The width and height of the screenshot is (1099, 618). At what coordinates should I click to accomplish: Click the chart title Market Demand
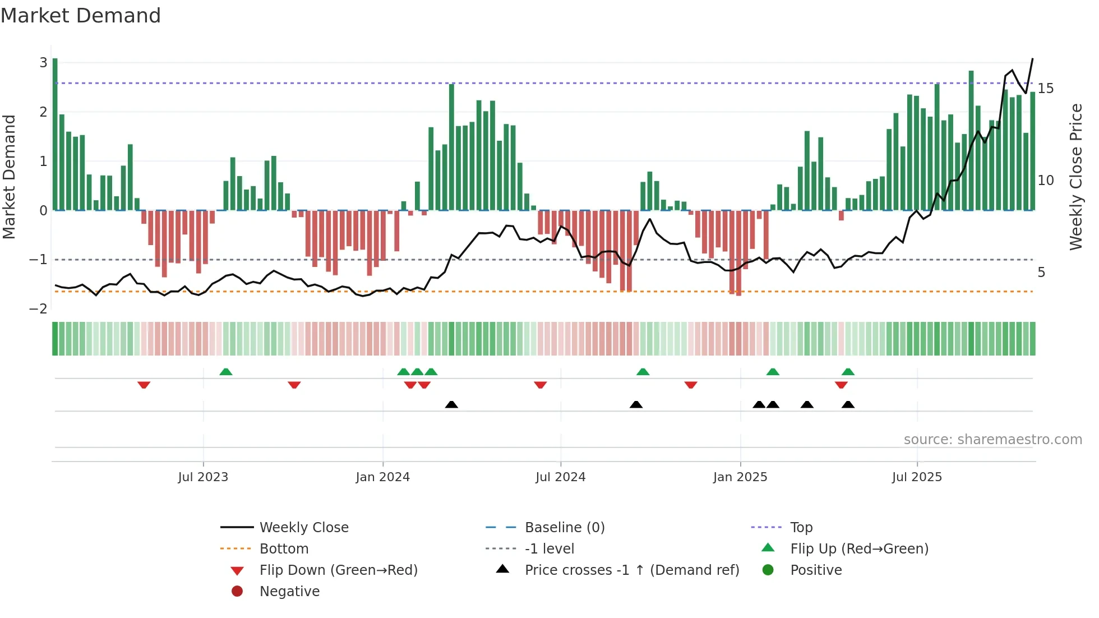(x=81, y=16)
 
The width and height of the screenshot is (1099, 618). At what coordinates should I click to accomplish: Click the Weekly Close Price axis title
(x=1075, y=177)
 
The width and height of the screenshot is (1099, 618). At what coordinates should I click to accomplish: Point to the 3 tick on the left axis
(x=43, y=62)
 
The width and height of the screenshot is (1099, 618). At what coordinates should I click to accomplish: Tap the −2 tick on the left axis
(x=39, y=309)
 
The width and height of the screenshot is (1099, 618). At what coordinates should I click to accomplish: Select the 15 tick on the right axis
(x=1045, y=89)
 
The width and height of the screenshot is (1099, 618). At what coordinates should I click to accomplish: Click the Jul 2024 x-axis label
(x=560, y=477)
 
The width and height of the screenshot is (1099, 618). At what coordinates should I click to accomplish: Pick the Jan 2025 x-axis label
(x=740, y=477)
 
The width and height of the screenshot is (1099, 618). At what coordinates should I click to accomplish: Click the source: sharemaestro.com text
(x=992, y=440)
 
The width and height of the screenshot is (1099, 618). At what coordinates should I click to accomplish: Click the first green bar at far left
(x=55, y=135)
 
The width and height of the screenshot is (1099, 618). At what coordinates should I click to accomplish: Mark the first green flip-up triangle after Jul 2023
(x=225, y=372)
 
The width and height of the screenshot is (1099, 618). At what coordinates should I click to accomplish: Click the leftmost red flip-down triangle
(x=144, y=385)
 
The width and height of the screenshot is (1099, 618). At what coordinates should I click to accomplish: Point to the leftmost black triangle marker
(x=451, y=404)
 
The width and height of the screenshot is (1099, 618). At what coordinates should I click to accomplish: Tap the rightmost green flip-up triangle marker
(x=848, y=372)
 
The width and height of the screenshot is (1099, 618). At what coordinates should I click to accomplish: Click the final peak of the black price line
(x=1032, y=59)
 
